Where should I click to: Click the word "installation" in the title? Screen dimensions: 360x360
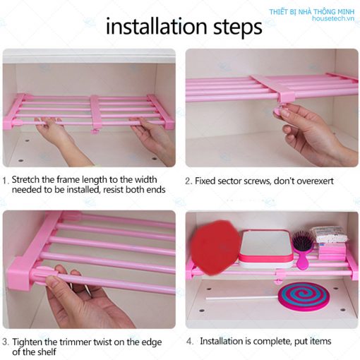[157, 26]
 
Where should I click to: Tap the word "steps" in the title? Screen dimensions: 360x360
[238, 28]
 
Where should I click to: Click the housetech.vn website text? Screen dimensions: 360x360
[333, 18]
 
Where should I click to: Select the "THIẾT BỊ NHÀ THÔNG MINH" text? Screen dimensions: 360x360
[312, 12]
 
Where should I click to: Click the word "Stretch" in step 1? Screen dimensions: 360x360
[25, 179]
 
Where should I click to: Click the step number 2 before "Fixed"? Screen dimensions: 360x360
[188, 181]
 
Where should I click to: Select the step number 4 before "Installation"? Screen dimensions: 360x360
[190, 341]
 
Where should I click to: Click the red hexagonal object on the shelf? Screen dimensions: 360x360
[215, 248]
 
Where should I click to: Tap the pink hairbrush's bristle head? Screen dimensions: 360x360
[303, 241]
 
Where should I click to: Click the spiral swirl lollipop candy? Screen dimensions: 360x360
[304, 297]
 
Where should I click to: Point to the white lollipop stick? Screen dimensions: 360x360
[242, 298]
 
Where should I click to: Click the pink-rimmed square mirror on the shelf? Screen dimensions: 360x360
[266, 249]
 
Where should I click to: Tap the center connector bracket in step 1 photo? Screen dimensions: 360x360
[95, 113]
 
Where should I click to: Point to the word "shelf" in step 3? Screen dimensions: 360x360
[46, 352]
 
